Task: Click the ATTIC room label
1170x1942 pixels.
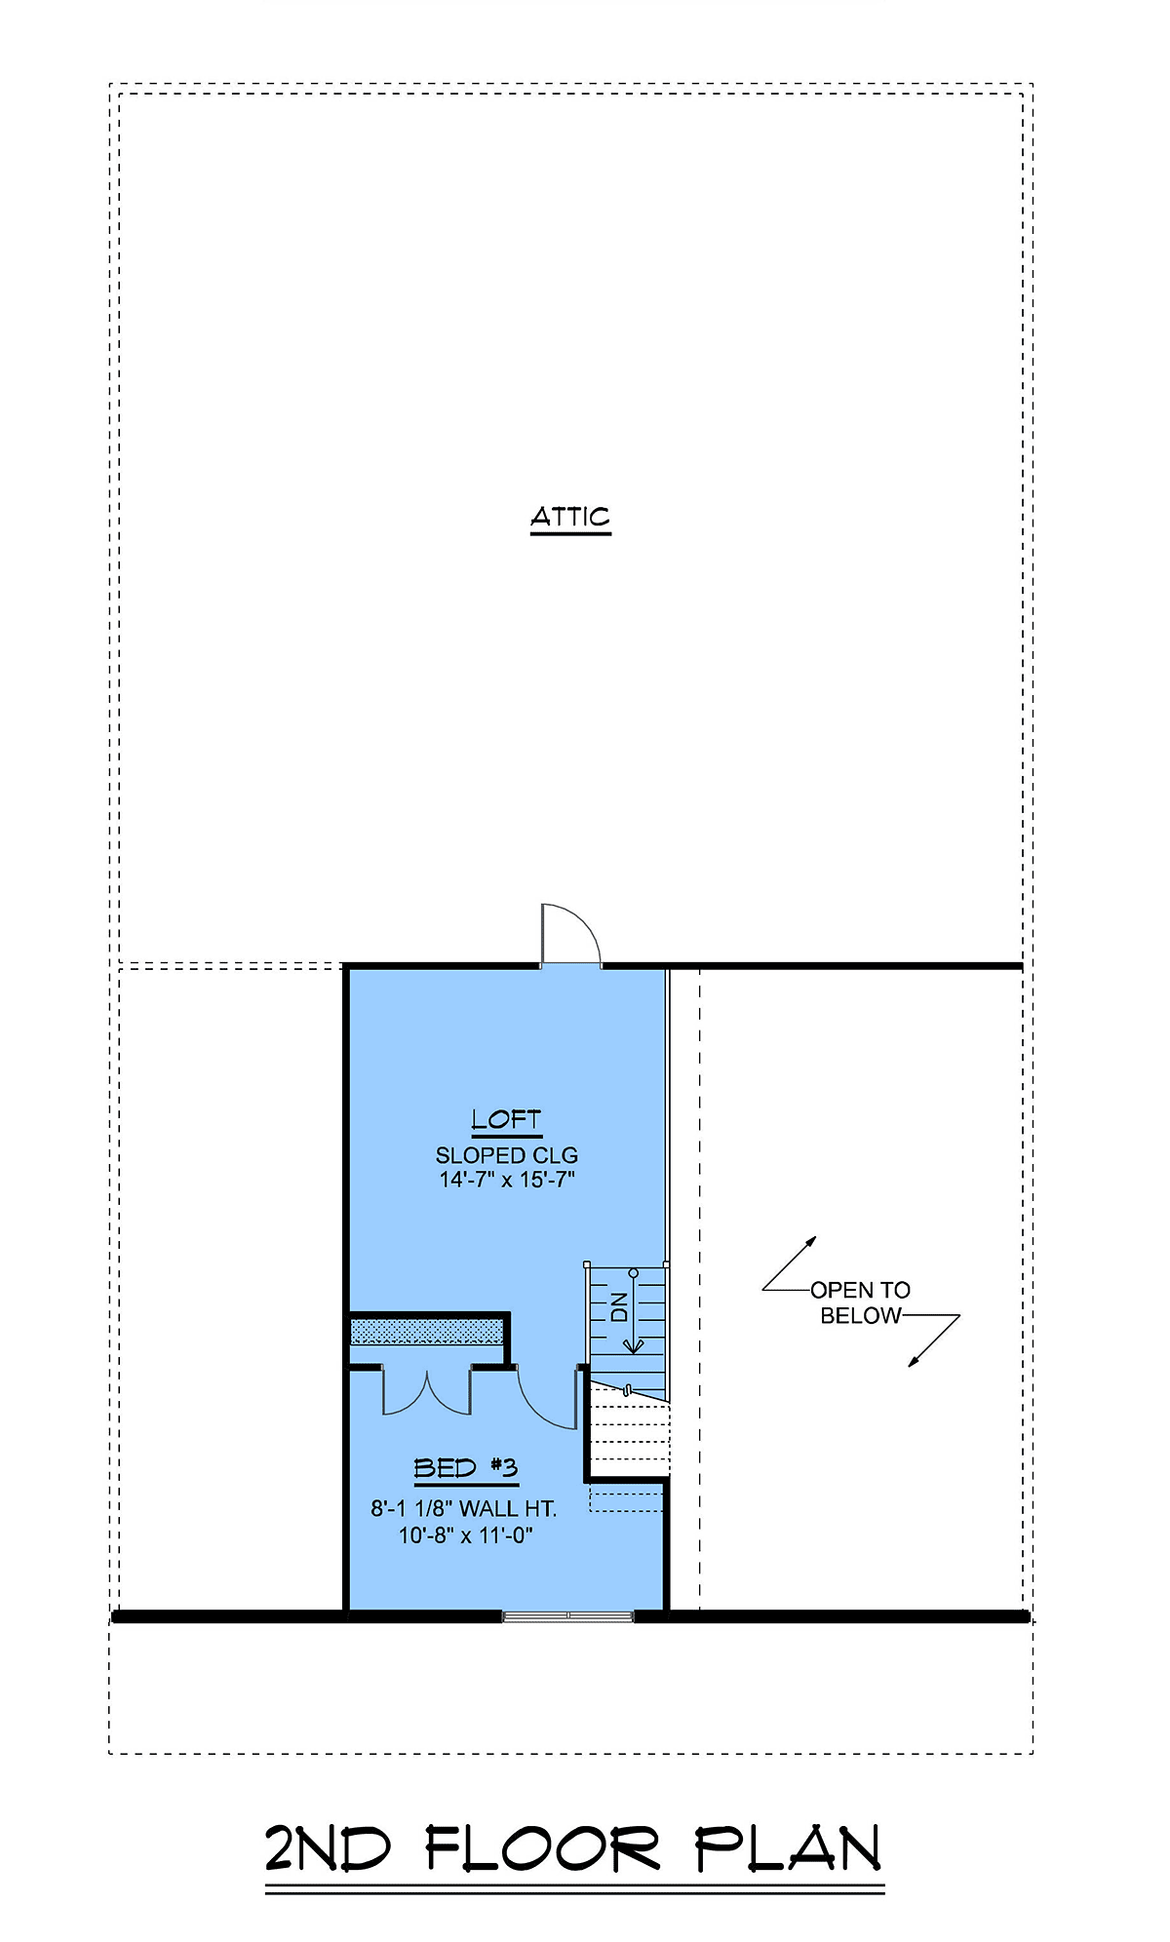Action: click(570, 517)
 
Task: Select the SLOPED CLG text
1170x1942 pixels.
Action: click(507, 1155)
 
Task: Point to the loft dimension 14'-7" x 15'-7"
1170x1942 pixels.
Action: click(507, 1180)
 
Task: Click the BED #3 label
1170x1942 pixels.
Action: click(466, 1468)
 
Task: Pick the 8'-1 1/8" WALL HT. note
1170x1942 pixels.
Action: click(464, 1509)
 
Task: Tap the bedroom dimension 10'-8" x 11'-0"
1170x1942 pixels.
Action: click(466, 1535)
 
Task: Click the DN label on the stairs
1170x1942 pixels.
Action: click(619, 1306)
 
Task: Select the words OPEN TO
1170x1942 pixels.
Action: click(861, 1290)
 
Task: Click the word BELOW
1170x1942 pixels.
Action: click(861, 1316)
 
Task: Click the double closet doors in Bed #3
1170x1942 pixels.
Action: click(427, 1392)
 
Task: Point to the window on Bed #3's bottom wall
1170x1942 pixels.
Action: click(568, 1616)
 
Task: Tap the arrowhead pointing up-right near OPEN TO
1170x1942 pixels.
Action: click(810, 1243)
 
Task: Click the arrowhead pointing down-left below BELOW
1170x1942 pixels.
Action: click(915, 1361)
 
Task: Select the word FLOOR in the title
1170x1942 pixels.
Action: click(543, 1848)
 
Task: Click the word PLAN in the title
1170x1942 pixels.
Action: click(788, 1848)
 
